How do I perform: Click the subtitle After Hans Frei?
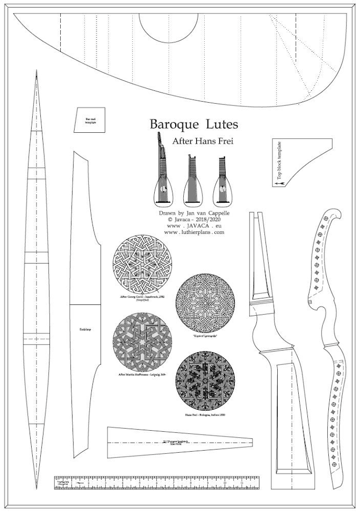coord(195,141)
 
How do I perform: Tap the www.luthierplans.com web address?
coord(194,232)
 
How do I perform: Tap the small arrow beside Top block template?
coord(279,184)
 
